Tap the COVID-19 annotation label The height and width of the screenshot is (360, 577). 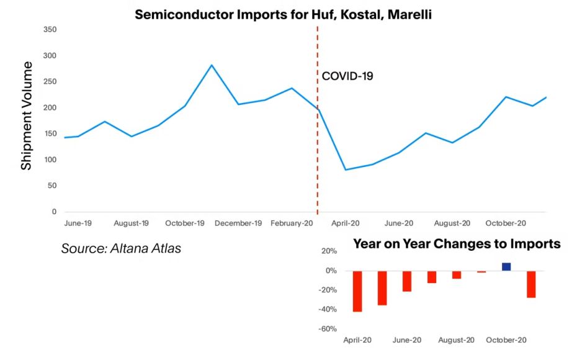coord(347,77)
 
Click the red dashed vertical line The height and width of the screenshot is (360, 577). coord(318,155)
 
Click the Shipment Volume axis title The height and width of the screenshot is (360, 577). coord(26,116)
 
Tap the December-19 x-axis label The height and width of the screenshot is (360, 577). coord(238,223)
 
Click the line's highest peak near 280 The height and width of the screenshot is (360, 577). coord(212,65)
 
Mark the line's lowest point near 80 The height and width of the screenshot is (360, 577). coord(346,169)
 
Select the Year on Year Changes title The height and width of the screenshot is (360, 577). coord(457,244)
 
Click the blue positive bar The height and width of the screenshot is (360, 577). coord(506,267)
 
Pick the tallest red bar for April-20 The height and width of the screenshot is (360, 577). coord(357,290)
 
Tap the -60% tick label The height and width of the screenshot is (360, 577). coord(328,329)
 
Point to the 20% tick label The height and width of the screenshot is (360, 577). coord(329,251)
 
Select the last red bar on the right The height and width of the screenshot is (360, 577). coord(531,284)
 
